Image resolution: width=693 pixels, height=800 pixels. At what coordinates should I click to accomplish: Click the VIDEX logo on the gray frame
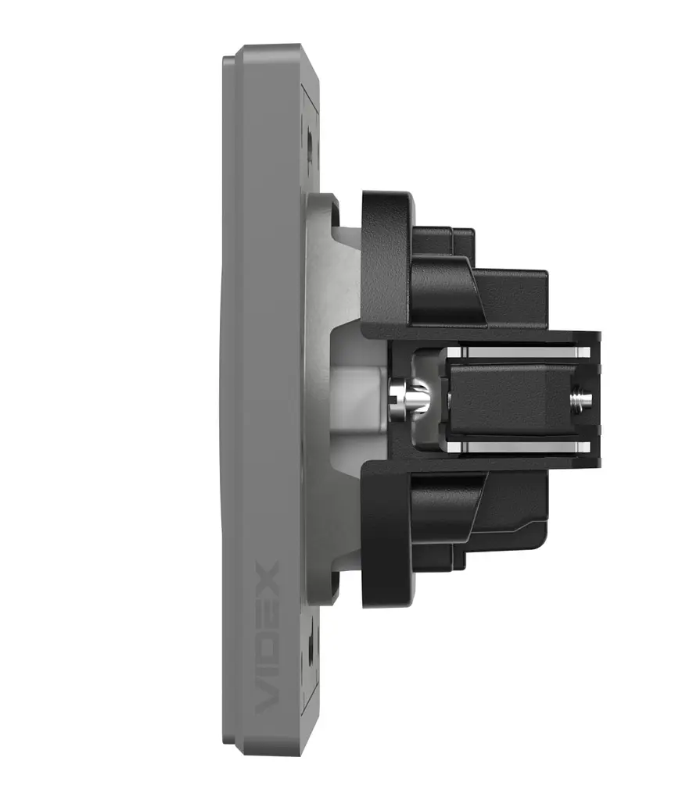click(x=267, y=637)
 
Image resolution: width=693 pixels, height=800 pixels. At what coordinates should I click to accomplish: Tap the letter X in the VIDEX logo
click(x=267, y=575)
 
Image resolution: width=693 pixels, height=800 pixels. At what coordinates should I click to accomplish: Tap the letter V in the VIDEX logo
click(x=267, y=699)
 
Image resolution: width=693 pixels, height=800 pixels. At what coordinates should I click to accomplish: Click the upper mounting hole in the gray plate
click(x=310, y=138)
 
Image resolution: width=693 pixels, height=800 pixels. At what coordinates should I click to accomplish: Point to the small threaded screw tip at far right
click(x=582, y=397)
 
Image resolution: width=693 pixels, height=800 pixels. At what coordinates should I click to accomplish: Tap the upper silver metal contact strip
click(x=519, y=352)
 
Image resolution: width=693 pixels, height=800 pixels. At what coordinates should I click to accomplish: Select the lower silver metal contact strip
click(x=519, y=448)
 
